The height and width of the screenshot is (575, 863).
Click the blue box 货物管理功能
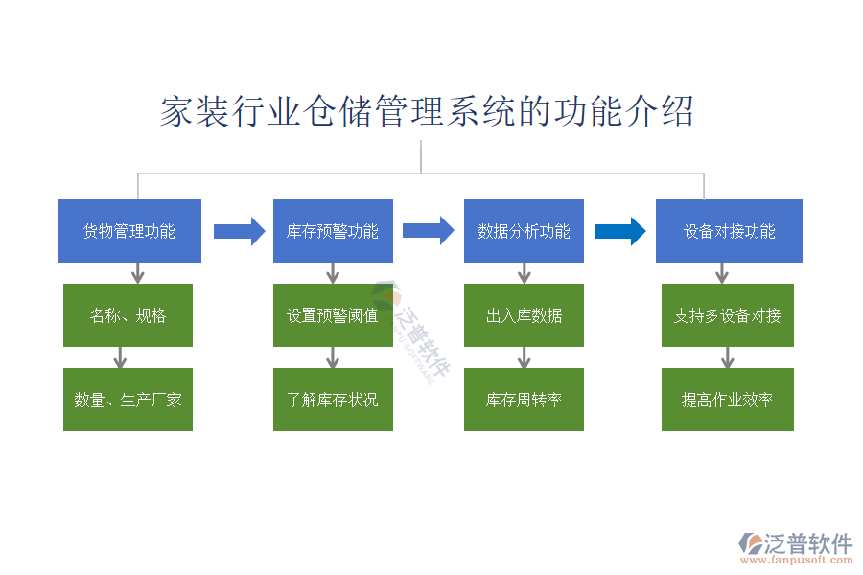(x=129, y=231)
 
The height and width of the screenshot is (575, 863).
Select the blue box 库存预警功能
(x=333, y=231)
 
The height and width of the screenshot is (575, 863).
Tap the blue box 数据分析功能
(x=524, y=231)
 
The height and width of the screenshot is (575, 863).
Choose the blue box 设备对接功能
(x=729, y=231)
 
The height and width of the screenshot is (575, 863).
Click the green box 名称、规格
(x=128, y=315)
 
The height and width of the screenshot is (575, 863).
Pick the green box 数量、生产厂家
(x=128, y=400)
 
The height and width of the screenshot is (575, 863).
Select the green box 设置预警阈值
(x=333, y=315)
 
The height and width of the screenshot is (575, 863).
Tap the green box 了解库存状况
(x=333, y=400)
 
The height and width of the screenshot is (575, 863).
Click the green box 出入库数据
(x=524, y=315)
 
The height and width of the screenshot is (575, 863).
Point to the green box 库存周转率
(x=524, y=400)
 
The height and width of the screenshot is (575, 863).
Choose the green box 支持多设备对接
(x=727, y=315)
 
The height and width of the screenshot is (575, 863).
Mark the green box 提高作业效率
(x=727, y=400)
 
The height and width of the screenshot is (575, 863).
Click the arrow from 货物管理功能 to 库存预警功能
(x=239, y=231)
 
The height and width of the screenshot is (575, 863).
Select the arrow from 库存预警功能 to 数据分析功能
(x=428, y=231)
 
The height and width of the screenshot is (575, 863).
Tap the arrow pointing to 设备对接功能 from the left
(x=620, y=231)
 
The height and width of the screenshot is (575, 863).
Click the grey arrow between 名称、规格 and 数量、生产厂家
(x=120, y=357)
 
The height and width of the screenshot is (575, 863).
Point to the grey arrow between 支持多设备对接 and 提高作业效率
(x=727, y=357)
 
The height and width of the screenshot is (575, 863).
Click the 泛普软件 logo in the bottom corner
(x=796, y=544)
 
